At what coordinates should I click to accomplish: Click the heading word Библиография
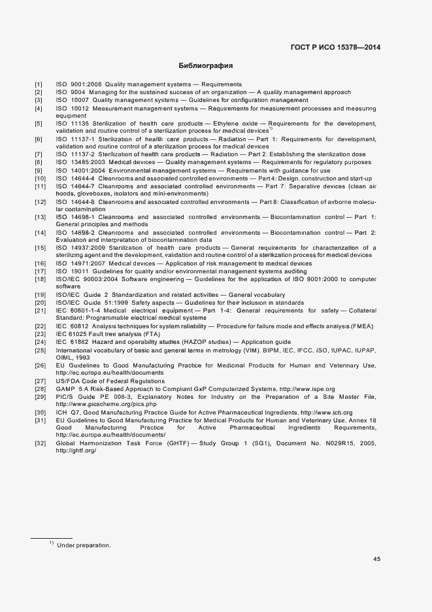[206, 66]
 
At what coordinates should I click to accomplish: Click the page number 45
[376, 559]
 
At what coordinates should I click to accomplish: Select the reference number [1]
[39, 85]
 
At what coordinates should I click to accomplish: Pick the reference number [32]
[41, 443]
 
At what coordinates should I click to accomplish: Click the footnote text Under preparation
[84, 545]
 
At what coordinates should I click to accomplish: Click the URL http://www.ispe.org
[307, 388]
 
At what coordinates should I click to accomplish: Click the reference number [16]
[41, 263]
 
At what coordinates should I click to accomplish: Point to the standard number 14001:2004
[83, 170]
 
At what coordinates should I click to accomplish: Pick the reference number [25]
[41, 350]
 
